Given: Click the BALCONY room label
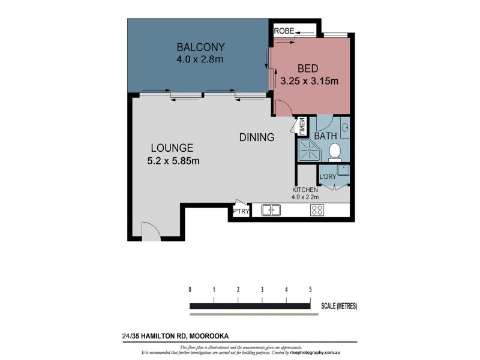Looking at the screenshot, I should [x=200, y=47].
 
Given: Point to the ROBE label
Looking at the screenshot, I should [x=283, y=31].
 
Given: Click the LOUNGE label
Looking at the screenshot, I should [x=172, y=148].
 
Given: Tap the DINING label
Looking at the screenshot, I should [x=257, y=137].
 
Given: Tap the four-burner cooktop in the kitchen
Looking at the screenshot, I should [x=316, y=210].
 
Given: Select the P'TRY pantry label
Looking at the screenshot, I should [x=238, y=212].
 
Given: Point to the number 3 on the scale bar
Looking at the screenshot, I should [x=262, y=289].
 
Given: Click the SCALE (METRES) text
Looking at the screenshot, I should [x=339, y=306].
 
